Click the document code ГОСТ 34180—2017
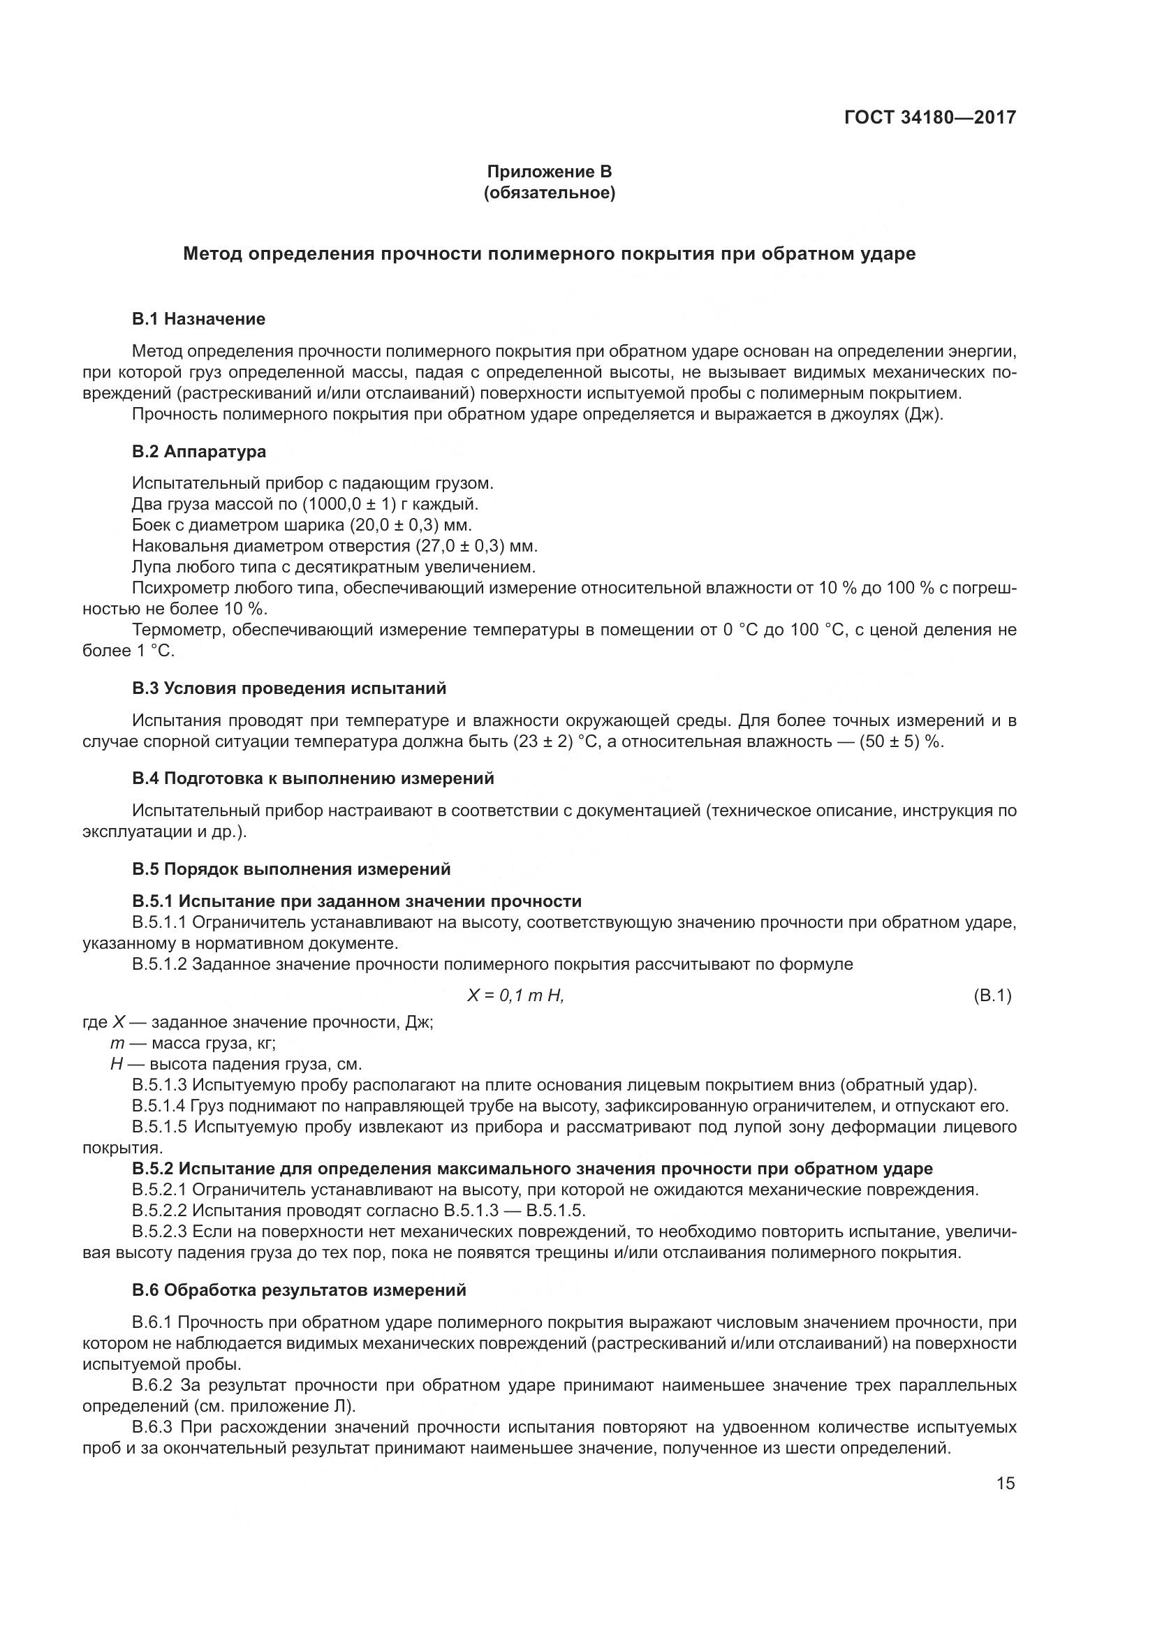point(929,117)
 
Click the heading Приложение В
point(549,172)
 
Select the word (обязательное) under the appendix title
point(549,193)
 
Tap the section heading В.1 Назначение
point(198,319)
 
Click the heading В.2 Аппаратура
point(199,452)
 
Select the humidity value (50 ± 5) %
point(900,742)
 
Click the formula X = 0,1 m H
point(515,996)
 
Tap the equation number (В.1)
point(992,996)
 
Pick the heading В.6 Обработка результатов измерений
point(299,1290)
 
